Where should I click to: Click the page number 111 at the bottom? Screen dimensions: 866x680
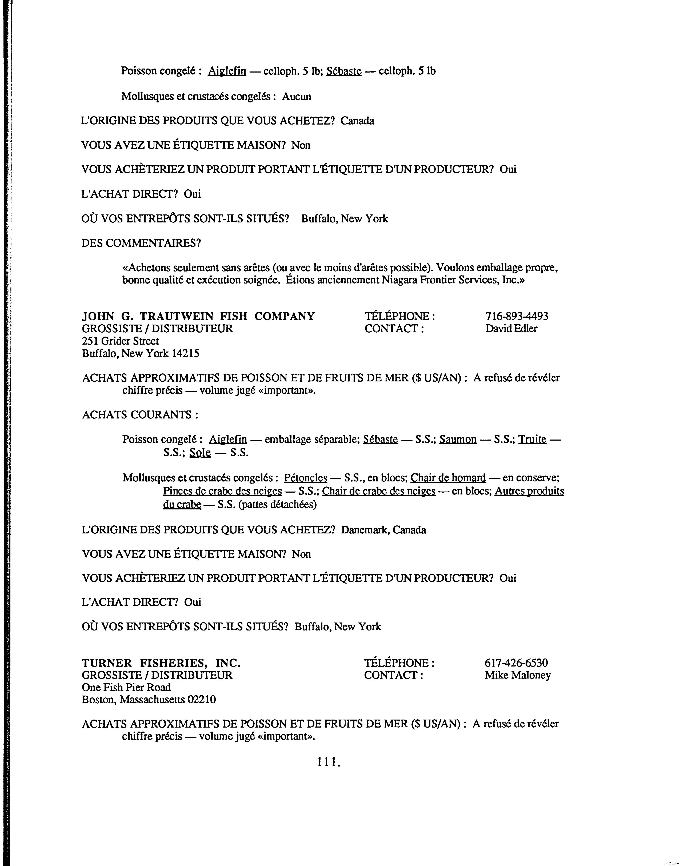click(x=329, y=762)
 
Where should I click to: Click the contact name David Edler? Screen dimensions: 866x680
click(x=511, y=329)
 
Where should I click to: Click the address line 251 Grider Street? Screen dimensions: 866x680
click(x=120, y=341)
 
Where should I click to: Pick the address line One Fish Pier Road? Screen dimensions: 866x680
click(x=126, y=687)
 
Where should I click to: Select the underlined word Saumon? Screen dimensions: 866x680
click(x=458, y=439)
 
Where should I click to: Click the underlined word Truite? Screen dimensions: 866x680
click(x=532, y=439)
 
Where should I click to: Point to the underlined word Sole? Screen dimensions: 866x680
click(x=200, y=452)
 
